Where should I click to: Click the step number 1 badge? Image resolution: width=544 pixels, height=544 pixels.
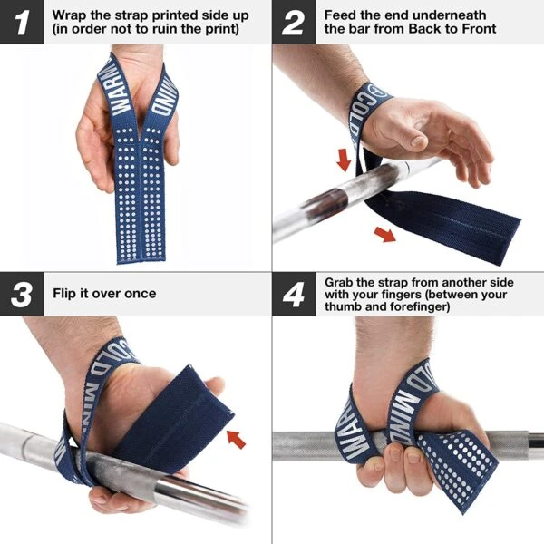pyautogui.click(x=21, y=22)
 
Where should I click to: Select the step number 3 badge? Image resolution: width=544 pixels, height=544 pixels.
pyautogui.click(x=21, y=294)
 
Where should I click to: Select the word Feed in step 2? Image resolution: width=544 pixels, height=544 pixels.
pyautogui.click(x=343, y=15)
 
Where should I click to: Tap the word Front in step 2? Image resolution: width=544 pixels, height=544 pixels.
pyautogui.click(x=478, y=29)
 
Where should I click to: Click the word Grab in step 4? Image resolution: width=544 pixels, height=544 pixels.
pyautogui.click(x=342, y=282)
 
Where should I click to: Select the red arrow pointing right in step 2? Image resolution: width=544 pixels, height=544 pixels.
pyautogui.click(x=384, y=236)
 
